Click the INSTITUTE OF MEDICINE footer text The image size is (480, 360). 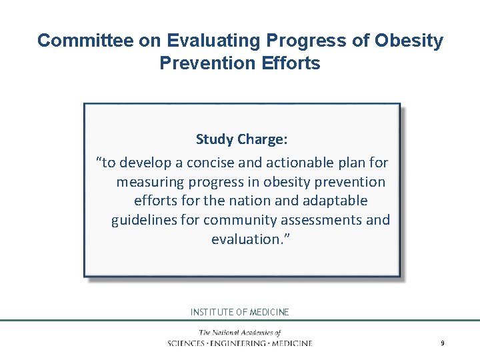[240, 312]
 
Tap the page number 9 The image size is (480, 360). [442, 343]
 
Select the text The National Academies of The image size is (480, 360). [240, 333]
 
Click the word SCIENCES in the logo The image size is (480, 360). [189, 343]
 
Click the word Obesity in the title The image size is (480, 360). [409, 41]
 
